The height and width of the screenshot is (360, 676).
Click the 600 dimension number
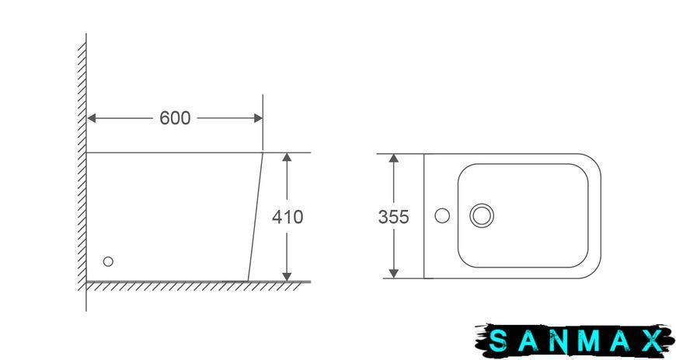point(175,118)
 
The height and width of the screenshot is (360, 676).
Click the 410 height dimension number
point(287,217)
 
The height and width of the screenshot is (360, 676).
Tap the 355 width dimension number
point(393,217)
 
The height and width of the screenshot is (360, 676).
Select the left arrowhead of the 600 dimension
point(92,118)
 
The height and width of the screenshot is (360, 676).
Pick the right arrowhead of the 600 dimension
point(258,118)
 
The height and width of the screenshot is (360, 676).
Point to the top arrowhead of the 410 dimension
point(287,157)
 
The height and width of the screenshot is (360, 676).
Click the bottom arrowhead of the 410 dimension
point(287,276)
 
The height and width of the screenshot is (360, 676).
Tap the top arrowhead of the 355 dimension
point(394,158)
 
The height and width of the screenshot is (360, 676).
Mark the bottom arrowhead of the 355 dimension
point(394,273)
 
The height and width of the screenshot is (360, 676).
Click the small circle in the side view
point(108,261)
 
